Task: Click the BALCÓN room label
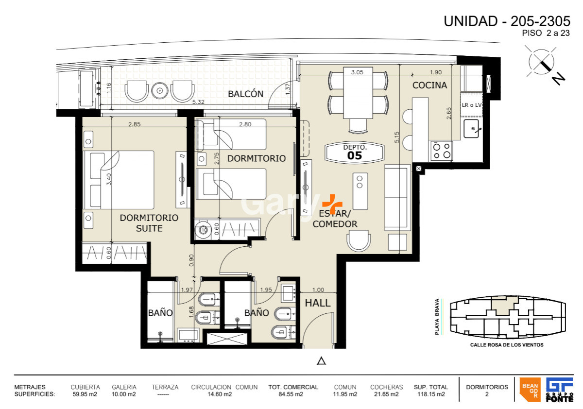[x=246, y=94]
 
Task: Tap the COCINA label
[x=429, y=85]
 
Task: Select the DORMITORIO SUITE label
[x=149, y=223]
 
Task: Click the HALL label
[x=318, y=303]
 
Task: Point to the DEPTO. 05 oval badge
[x=354, y=153]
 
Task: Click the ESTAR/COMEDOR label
[x=335, y=219]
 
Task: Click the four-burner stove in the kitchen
[x=442, y=151]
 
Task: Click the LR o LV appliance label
[x=471, y=105]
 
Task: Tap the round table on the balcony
[x=159, y=90]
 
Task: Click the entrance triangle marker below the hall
[x=321, y=360]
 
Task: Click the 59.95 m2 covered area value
[x=85, y=394]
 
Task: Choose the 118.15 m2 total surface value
[x=429, y=394]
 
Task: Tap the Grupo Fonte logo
[x=559, y=390]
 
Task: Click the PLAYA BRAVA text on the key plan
[x=437, y=317]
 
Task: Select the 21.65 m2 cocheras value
[x=386, y=394]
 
